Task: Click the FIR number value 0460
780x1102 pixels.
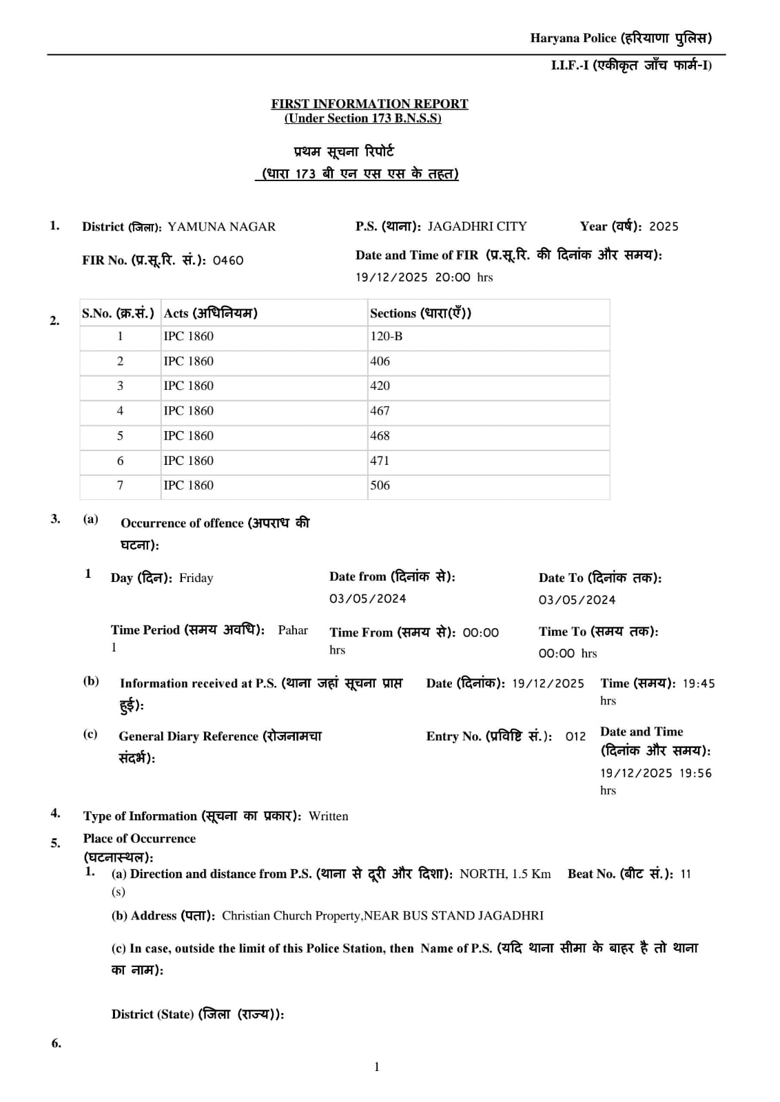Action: (x=228, y=260)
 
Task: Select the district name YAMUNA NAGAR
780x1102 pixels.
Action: (x=221, y=227)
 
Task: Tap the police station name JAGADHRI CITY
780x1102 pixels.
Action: (x=477, y=227)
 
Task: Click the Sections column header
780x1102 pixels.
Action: (x=420, y=313)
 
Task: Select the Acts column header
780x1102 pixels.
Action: (x=210, y=313)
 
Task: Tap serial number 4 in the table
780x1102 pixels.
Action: (x=120, y=410)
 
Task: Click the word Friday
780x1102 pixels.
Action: (x=196, y=578)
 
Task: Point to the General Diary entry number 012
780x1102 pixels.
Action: (x=575, y=736)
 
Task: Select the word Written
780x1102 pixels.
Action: (x=328, y=816)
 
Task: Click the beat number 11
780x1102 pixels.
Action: (x=685, y=874)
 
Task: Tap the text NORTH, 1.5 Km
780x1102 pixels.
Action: (x=505, y=874)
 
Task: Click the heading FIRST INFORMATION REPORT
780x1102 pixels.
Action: (x=369, y=104)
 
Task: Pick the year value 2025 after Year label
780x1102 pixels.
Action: (x=664, y=227)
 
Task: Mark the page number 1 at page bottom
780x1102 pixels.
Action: (x=377, y=1067)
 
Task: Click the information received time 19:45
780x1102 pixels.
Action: (x=699, y=683)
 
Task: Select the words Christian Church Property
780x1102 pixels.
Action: (x=291, y=915)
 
